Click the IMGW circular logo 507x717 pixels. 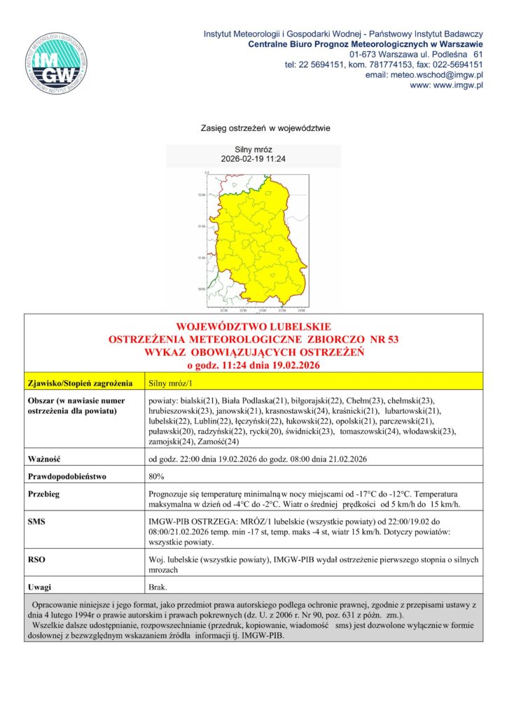click(57, 63)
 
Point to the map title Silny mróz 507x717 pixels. click(253, 150)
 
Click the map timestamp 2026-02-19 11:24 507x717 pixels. click(253, 159)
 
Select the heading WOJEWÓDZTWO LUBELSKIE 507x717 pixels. click(253, 327)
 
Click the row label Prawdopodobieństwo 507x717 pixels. click(66, 477)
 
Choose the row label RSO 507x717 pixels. click(36, 559)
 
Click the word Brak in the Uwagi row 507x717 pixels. click(157, 587)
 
